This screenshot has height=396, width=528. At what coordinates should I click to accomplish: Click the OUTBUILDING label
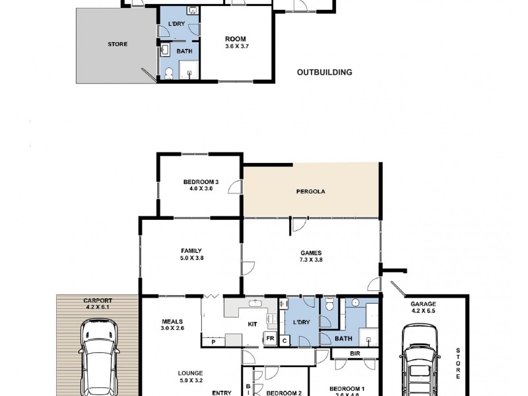click(324, 73)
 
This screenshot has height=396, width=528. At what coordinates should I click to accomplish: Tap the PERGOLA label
click(310, 192)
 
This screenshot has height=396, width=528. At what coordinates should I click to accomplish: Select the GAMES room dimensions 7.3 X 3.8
click(311, 259)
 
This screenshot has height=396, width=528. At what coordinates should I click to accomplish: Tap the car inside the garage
click(418, 360)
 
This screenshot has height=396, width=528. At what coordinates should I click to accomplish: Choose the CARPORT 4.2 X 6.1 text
click(98, 302)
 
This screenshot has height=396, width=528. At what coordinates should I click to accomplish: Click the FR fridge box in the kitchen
click(270, 339)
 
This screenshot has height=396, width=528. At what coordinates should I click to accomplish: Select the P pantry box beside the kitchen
click(213, 341)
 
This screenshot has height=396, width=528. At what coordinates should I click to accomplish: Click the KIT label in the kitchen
click(251, 325)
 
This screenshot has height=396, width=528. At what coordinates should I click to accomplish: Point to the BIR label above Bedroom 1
click(354, 354)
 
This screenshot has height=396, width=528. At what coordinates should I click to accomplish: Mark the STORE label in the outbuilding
click(117, 45)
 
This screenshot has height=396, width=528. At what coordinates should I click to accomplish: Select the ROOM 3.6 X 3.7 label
click(236, 42)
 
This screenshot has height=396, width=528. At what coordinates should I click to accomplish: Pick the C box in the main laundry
click(284, 339)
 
